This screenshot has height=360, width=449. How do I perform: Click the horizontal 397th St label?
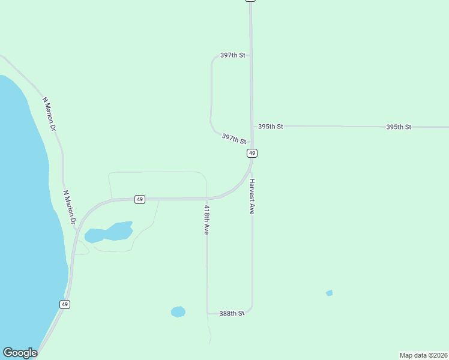[233, 55]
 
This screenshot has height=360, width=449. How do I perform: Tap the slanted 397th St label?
[234, 139]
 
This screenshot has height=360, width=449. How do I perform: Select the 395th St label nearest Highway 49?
[270, 127]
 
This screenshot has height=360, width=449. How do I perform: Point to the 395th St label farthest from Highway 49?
[399, 127]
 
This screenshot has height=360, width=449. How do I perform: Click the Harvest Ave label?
[253, 197]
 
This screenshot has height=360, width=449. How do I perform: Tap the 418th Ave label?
[206, 220]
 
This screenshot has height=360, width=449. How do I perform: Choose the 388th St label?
[232, 313]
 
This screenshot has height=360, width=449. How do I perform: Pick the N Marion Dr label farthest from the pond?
[49, 114]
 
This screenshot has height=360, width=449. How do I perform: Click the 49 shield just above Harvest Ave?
[252, 153]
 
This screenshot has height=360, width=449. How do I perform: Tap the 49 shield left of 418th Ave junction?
[139, 199]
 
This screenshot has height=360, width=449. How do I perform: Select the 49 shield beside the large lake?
[65, 304]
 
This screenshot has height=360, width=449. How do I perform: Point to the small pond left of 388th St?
[178, 311]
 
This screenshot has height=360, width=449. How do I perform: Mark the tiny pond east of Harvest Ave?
[329, 293]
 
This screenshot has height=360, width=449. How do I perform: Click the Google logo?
[20, 353]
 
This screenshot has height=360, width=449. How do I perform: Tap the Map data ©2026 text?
[423, 355]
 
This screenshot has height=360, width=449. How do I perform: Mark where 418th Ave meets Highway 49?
[206, 198]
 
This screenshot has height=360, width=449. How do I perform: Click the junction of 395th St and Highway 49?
[252, 127]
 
